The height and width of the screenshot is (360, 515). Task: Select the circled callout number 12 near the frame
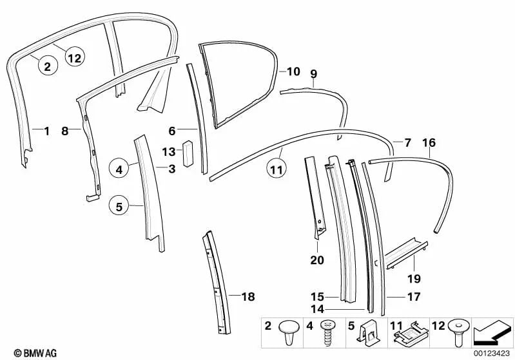click(x=74, y=58)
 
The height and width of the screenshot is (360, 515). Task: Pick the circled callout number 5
click(x=119, y=207)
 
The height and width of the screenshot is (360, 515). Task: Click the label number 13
click(x=168, y=153)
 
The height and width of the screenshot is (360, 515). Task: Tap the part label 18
click(x=248, y=297)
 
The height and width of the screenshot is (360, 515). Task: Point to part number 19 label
click(x=413, y=278)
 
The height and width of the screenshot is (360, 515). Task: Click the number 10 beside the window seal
click(x=293, y=71)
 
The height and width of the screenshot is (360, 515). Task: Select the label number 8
click(x=64, y=131)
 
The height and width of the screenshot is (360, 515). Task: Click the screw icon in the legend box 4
click(x=326, y=336)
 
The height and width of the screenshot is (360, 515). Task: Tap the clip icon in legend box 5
click(x=367, y=336)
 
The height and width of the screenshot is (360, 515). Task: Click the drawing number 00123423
click(x=493, y=353)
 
